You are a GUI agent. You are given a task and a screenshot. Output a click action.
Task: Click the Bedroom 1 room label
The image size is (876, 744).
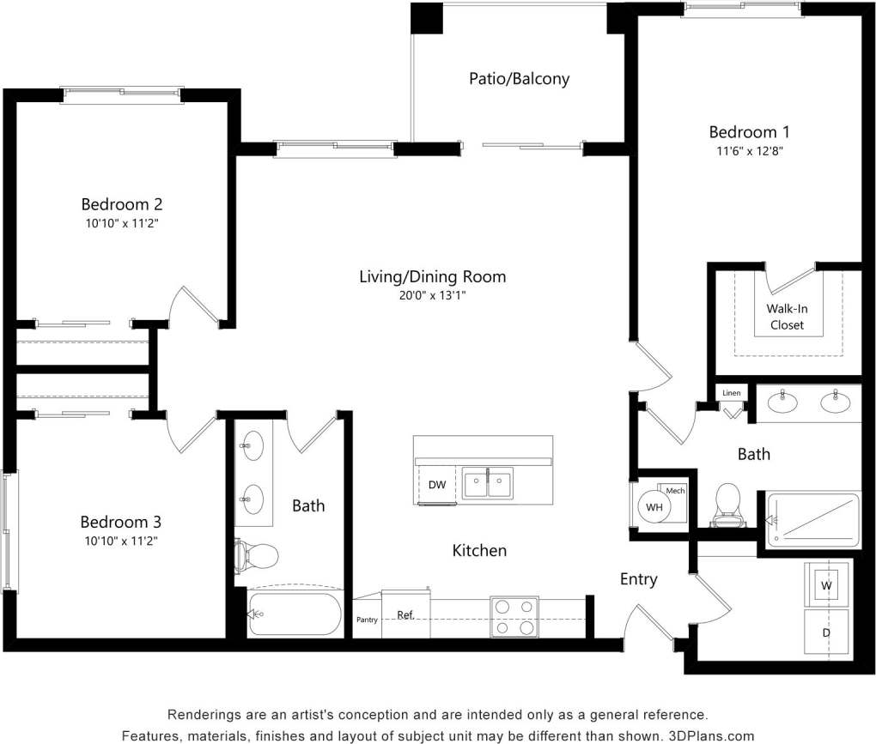click(748, 132)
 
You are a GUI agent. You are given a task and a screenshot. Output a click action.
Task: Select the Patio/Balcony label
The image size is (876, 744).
click(519, 79)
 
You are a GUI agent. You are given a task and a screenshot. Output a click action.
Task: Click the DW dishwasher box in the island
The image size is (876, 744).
click(437, 485)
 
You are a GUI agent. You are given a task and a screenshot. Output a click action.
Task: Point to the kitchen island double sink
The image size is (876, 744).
click(487, 483)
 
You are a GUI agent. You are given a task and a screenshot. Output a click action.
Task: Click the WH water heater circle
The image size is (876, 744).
click(655, 506)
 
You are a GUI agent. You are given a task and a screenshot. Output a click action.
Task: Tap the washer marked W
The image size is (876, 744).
click(827, 585)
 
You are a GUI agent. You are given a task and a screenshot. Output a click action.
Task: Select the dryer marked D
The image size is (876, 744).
click(827, 633)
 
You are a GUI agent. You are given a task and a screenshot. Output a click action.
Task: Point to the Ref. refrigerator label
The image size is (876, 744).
click(406, 615)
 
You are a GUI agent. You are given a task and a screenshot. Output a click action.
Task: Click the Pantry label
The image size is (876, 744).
click(367, 620)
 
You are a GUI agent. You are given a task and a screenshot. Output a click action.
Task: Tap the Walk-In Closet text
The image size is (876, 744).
click(787, 317)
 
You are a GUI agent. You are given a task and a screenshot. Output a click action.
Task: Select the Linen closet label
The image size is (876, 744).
click(731, 393)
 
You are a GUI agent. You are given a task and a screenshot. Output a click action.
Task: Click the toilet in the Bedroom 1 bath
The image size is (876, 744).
click(728, 505)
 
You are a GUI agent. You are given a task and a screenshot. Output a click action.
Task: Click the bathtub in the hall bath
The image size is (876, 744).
click(295, 614)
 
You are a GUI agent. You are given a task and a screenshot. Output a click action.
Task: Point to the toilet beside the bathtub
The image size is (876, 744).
click(256, 556)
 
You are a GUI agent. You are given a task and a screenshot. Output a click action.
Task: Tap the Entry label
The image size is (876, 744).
click(638, 579)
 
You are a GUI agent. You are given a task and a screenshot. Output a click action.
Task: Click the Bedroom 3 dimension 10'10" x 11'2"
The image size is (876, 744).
click(120, 541)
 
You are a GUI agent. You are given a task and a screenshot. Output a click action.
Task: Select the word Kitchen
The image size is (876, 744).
click(479, 550)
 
